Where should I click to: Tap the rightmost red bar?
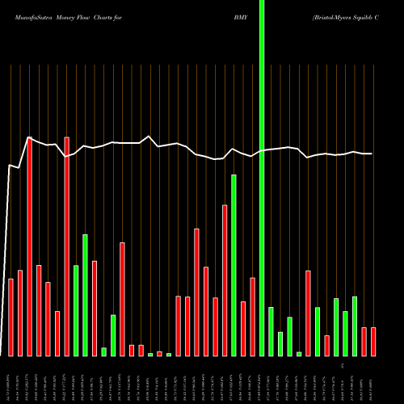click(373, 341)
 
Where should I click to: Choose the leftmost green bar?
click(76, 310)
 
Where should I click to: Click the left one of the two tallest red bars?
click(30, 246)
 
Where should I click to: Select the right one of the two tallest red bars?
click(67, 246)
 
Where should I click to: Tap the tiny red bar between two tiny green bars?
click(160, 353)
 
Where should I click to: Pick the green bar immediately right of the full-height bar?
click(271, 331)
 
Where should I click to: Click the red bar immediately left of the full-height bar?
click(252, 316)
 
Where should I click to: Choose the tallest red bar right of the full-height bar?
click(308, 313)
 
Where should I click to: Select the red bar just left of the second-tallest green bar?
click(225, 280)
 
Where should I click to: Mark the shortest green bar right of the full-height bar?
click(299, 353)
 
